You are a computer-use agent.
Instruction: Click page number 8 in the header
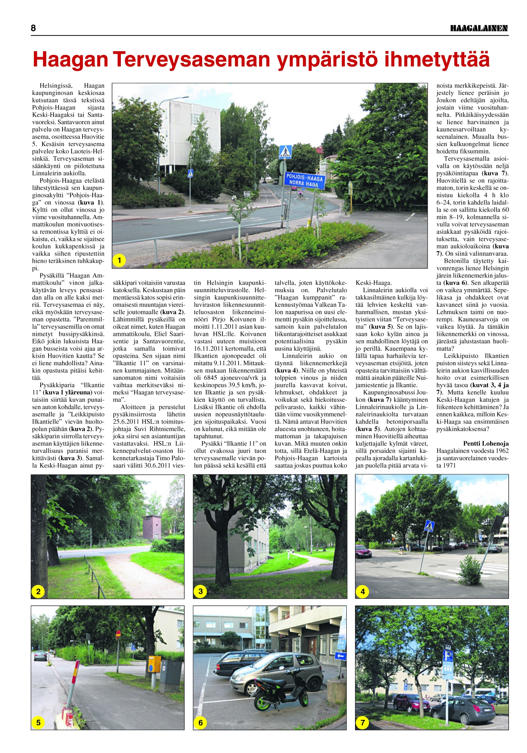34,28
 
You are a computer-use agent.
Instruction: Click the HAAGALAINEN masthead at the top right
479,28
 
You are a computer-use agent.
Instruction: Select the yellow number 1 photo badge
119,260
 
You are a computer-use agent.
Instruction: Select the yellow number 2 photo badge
38,591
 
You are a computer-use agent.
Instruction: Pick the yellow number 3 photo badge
201,591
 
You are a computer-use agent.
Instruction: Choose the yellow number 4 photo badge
363,591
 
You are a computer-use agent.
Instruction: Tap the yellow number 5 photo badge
38,723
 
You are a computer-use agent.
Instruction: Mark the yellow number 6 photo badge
201,723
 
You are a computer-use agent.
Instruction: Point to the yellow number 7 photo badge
363,723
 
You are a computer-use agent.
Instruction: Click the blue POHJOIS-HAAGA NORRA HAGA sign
304,180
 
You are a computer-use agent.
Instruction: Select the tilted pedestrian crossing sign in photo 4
429,526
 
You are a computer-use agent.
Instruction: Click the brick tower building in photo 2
152,527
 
